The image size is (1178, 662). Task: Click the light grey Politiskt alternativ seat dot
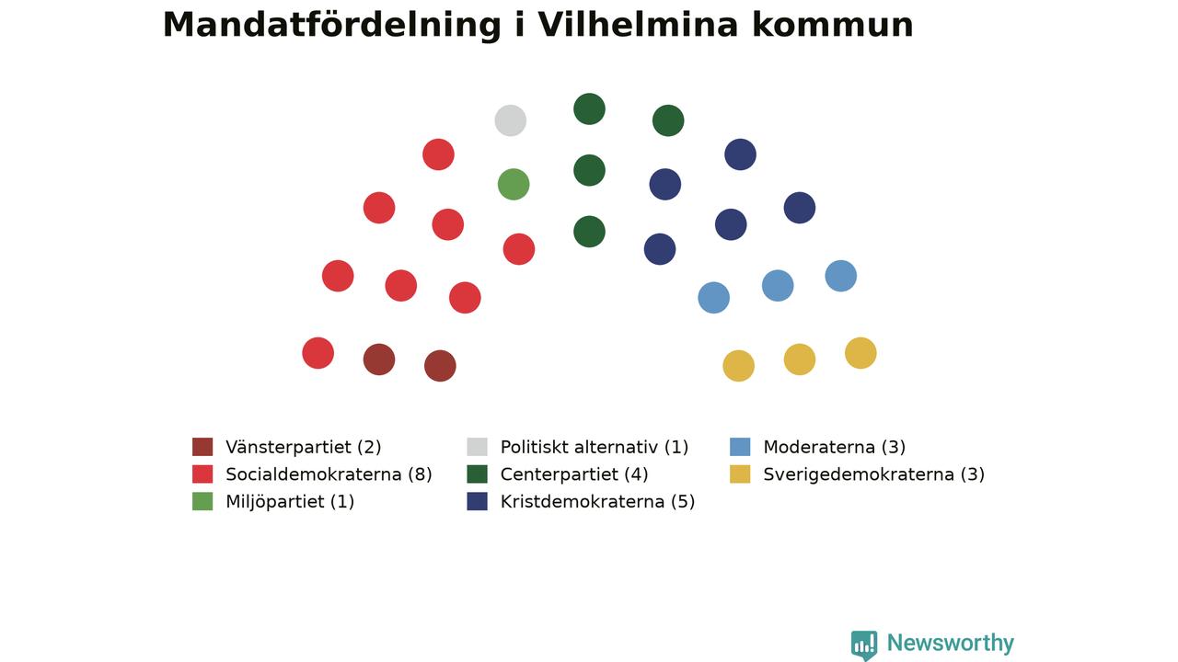pyautogui.click(x=510, y=120)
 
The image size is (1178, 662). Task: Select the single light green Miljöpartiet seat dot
pyautogui.click(x=514, y=185)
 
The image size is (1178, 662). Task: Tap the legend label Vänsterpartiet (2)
pyautogui.click(x=303, y=447)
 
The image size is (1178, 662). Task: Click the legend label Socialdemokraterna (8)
pyautogui.click(x=329, y=474)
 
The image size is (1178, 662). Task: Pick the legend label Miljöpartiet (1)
pyautogui.click(x=290, y=502)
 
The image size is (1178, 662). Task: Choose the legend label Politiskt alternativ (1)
pyautogui.click(x=595, y=447)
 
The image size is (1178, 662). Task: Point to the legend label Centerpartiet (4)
pyautogui.click(x=574, y=474)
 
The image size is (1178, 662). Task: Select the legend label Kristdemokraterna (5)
pyautogui.click(x=597, y=502)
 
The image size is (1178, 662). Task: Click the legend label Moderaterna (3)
pyautogui.click(x=834, y=447)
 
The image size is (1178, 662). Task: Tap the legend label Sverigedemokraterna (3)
pyautogui.click(x=873, y=474)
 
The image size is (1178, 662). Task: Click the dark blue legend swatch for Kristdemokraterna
pyautogui.click(x=477, y=501)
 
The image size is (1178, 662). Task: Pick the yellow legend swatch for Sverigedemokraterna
pyautogui.click(x=740, y=474)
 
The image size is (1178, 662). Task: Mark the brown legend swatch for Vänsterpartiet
pyautogui.click(x=202, y=447)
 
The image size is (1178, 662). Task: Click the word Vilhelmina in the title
pyautogui.click(x=638, y=25)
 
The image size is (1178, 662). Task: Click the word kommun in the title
pyautogui.click(x=833, y=25)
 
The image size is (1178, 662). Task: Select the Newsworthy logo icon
pyautogui.click(x=864, y=645)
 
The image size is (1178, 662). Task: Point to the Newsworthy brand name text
pyautogui.click(x=951, y=643)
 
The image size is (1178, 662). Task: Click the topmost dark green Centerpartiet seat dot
pyautogui.click(x=589, y=108)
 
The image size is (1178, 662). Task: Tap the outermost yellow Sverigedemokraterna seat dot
pyautogui.click(x=860, y=353)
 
